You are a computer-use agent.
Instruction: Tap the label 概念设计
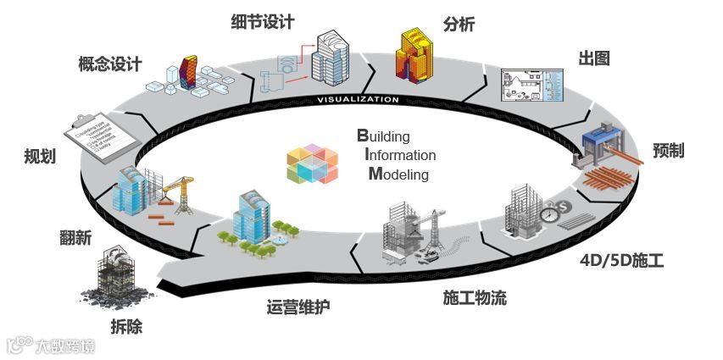click(x=109, y=64)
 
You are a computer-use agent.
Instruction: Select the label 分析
click(x=459, y=24)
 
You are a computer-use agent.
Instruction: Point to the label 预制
click(x=669, y=150)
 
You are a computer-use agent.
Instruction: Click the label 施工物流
click(x=475, y=297)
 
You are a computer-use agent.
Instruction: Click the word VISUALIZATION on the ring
click(x=357, y=99)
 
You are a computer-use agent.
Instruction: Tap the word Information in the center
click(x=399, y=155)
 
